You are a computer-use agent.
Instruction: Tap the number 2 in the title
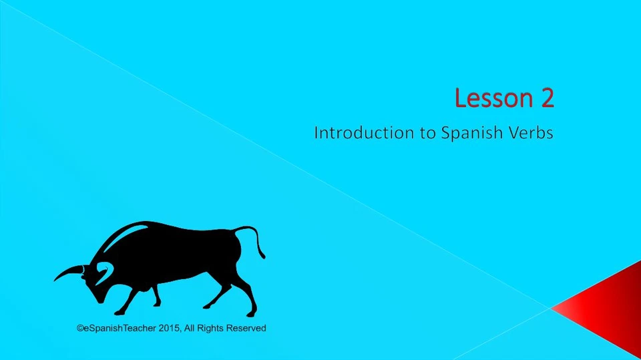tap(546, 98)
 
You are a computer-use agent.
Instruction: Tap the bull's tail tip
tap(262, 255)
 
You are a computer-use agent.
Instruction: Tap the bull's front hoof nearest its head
tap(119, 312)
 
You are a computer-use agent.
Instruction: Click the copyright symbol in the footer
tap(80, 328)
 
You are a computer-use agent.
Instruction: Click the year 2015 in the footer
tap(170, 328)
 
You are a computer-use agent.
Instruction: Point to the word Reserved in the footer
tap(246, 328)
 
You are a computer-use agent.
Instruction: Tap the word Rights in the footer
tap(212, 328)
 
